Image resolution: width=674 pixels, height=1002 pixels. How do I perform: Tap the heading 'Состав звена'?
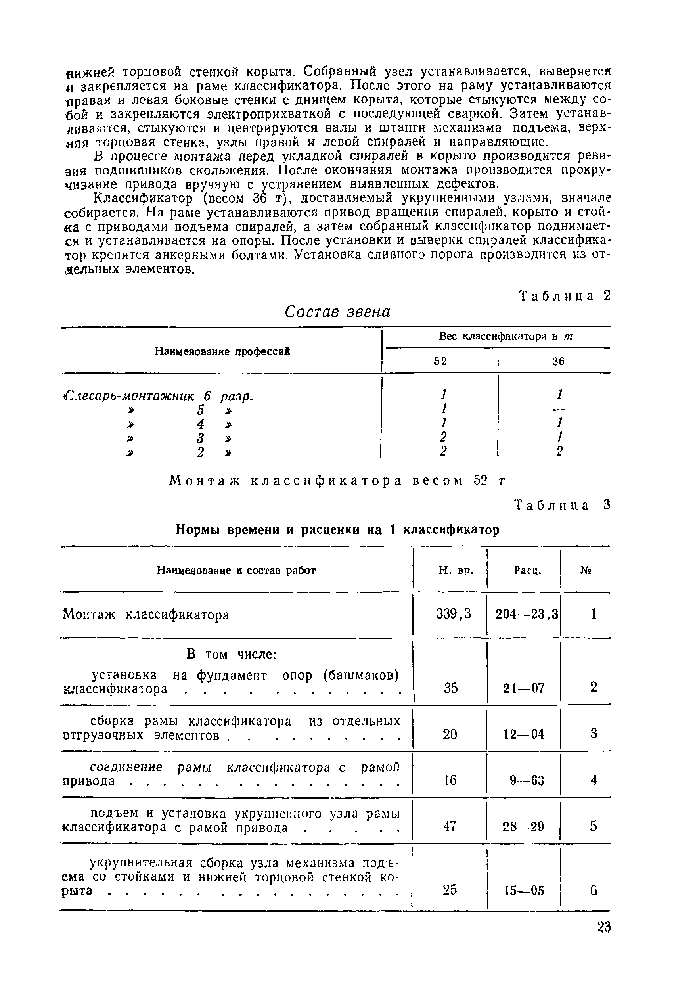338,312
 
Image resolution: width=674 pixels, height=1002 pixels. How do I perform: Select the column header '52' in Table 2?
440,362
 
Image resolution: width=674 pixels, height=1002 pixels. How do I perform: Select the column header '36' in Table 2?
558,362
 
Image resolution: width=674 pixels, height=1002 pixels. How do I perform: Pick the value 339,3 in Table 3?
454,614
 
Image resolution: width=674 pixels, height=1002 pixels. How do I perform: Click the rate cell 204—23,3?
527,614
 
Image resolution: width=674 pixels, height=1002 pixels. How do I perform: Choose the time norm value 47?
450,826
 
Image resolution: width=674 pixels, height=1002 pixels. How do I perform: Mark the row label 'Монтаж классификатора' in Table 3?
146,615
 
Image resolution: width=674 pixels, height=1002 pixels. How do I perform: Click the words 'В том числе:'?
231,654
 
